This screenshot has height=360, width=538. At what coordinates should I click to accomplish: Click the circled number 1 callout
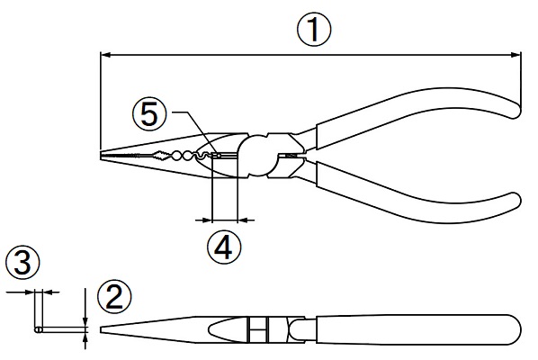tap(314, 30)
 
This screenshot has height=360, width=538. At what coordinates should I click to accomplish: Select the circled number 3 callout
tap(23, 264)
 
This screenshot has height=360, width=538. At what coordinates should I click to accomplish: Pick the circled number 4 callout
tap(224, 247)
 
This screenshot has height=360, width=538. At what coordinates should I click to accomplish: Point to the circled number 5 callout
tap(149, 114)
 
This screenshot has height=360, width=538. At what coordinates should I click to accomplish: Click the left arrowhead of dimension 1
tap(105, 55)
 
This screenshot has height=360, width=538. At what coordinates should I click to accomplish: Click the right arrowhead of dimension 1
tap(516, 55)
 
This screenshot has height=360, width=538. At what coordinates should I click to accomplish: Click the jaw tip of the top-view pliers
tap(101, 155)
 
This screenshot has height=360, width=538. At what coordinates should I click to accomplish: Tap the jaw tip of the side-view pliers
tap(102, 329)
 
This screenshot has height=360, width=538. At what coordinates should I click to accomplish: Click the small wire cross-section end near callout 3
tap(38, 329)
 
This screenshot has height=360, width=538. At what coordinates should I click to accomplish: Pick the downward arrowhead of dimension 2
tap(85, 321)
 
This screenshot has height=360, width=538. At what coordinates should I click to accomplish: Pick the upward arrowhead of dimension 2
tap(85, 337)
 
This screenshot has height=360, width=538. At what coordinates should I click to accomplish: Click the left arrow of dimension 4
tap(204, 220)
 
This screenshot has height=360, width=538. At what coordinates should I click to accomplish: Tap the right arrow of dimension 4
tap(246, 220)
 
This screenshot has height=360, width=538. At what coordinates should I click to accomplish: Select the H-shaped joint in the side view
tap(258, 329)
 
